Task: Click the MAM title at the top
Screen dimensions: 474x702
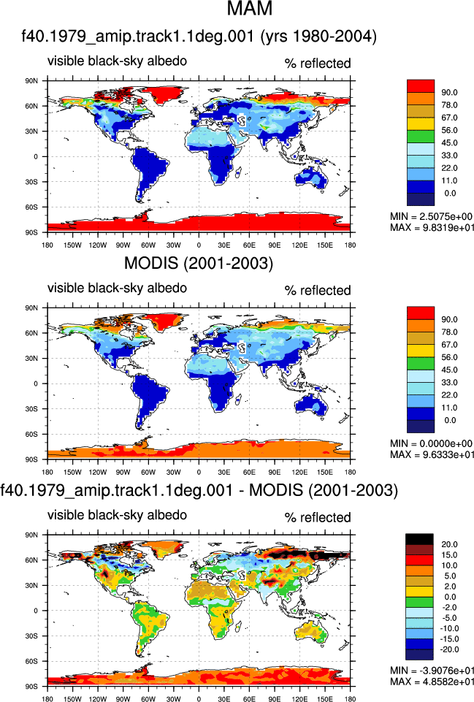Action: pyautogui.click(x=250, y=8)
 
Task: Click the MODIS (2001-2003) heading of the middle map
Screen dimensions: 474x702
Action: pyautogui.click(x=198, y=263)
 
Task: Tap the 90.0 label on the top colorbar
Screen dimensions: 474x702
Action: pyautogui.click(x=449, y=92)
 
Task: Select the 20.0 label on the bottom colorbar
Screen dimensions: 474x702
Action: pyautogui.click(x=449, y=544)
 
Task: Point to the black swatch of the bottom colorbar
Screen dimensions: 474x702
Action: pyautogui.click(x=419, y=539)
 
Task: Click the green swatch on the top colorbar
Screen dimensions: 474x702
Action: pyautogui.click(x=421, y=137)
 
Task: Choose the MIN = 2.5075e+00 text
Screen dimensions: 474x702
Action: pyautogui.click(x=431, y=217)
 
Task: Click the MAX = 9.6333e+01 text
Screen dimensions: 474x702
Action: pyautogui.click(x=432, y=454)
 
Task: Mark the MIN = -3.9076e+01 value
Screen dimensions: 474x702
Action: pyautogui.click(x=432, y=671)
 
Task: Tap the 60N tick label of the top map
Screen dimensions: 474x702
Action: pyautogui.click(x=32, y=106)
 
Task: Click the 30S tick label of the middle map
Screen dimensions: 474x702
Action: pyautogui.click(x=32, y=409)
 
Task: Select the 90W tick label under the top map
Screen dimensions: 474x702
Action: pyautogui.click(x=123, y=245)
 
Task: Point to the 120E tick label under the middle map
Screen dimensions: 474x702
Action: pyautogui.click(x=299, y=472)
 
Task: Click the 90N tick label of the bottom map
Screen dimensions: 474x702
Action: pyautogui.click(x=32, y=535)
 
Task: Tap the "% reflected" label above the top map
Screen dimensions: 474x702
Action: pyautogui.click(x=318, y=64)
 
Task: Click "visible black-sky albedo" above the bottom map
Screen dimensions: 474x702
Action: pyautogui.click(x=118, y=515)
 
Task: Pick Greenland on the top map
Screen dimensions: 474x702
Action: pyautogui.click(x=165, y=95)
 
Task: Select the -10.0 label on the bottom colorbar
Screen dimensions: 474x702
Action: pyautogui.click(x=449, y=628)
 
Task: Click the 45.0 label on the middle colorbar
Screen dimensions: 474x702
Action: pyautogui.click(x=449, y=370)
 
